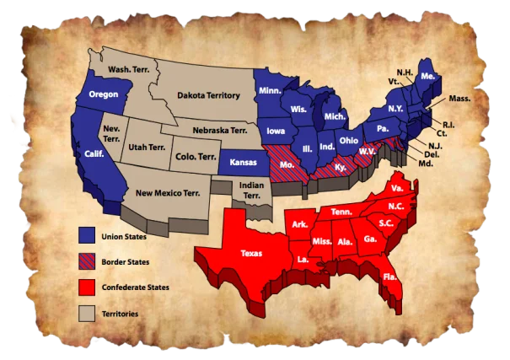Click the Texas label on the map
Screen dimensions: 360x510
click(251, 252)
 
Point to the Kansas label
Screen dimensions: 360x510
click(242, 160)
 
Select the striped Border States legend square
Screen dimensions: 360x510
click(87, 261)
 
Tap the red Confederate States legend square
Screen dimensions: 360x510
click(87, 287)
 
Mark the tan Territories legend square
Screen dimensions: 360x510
click(87, 314)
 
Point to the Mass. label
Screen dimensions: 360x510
click(459, 99)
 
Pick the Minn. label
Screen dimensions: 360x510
click(270, 90)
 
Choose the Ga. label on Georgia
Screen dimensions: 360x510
click(371, 239)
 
